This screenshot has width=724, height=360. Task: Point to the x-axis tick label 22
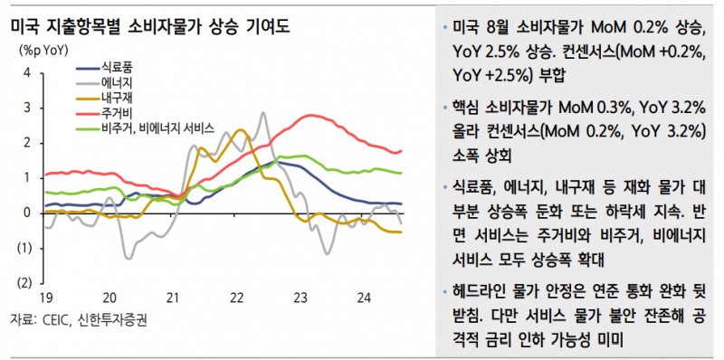[237, 298]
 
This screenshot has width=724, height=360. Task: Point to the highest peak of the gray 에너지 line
[262, 113]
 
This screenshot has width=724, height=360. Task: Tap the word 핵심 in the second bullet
[471, 108]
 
